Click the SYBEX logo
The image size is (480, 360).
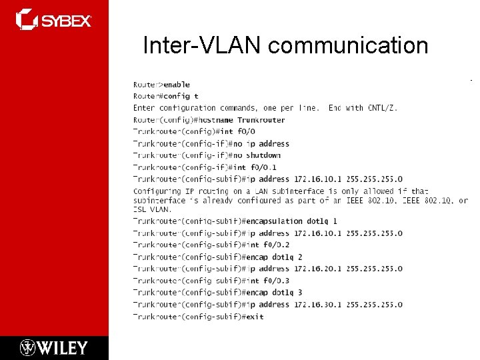(x=54, y=19)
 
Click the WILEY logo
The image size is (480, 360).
(x=54, y=347)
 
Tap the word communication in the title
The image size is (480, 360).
(x=348, y=45)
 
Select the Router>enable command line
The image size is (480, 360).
(x=161, y=85)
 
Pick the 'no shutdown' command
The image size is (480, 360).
(x=256, y=155)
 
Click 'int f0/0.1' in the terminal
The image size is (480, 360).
(x=254, y=167)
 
